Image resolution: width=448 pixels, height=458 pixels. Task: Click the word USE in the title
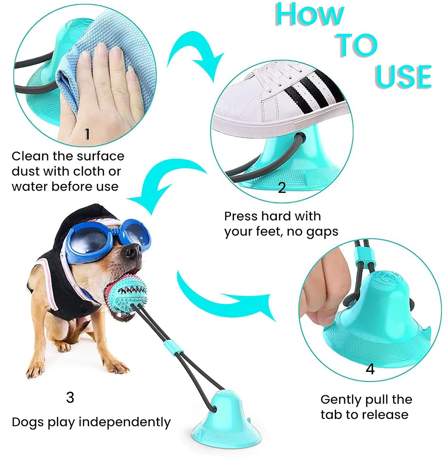coord(403,76)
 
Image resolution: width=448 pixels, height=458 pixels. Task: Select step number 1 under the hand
coord(87,134)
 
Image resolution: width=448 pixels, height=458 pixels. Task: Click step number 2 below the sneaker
coord(282,188)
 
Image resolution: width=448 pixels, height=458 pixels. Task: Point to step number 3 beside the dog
coord(70,397)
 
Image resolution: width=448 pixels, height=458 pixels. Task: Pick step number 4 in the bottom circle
coord(370,369)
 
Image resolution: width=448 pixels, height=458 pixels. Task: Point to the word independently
coord(124,423)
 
